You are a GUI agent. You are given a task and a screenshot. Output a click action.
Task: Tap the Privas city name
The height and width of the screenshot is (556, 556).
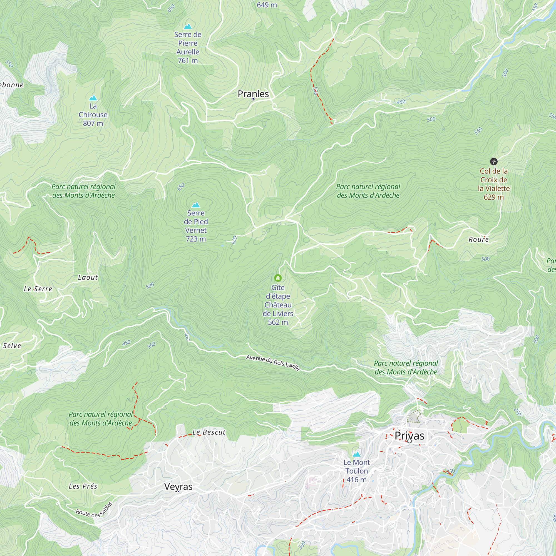click(x=409, y=436)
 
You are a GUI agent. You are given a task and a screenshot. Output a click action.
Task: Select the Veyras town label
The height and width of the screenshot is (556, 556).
click(x=178, y=487)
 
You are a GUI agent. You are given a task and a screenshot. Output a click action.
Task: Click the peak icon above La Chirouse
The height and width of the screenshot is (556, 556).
click(x=93, y=98)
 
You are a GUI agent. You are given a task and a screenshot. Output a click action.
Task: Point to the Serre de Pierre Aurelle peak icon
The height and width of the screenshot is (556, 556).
click(x=188, y=26)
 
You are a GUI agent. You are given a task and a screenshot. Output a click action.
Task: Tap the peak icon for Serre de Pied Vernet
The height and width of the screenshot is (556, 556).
click(x=196, y=205)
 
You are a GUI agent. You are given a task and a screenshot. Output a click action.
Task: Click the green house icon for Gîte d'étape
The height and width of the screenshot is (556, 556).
click(x=278, y=278)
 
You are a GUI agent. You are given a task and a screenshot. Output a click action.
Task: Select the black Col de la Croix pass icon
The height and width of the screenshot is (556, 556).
click(x=493, y=161)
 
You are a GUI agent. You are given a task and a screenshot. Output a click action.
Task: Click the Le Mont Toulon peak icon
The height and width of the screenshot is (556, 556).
click(x=357, y=455)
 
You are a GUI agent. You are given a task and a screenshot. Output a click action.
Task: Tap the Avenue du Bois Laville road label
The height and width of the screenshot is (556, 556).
click(x=273, y=363)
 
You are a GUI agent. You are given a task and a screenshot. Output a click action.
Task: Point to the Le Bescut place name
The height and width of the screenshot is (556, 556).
click(x=209, y=432)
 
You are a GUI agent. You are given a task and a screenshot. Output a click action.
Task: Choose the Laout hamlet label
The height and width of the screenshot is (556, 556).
click(x=88, y=277)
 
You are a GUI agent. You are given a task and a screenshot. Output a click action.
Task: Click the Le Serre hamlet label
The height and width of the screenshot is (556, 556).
click(x=38, y=289)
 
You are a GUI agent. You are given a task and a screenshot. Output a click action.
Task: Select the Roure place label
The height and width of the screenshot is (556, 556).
click(x=479, y=239)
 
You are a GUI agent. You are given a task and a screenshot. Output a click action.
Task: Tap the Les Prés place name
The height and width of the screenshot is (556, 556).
click(x=83, y=486)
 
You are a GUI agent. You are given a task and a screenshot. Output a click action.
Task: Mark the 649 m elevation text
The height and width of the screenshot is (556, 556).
click(x=267, y=5)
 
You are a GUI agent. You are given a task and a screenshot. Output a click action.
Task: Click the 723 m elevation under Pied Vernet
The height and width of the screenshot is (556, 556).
click(x=196, y=239)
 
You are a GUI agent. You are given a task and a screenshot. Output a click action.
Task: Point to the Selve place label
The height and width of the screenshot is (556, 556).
click(x=12, y=346)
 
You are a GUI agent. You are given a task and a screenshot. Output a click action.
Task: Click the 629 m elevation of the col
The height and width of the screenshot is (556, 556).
click(x=493, y=197)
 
